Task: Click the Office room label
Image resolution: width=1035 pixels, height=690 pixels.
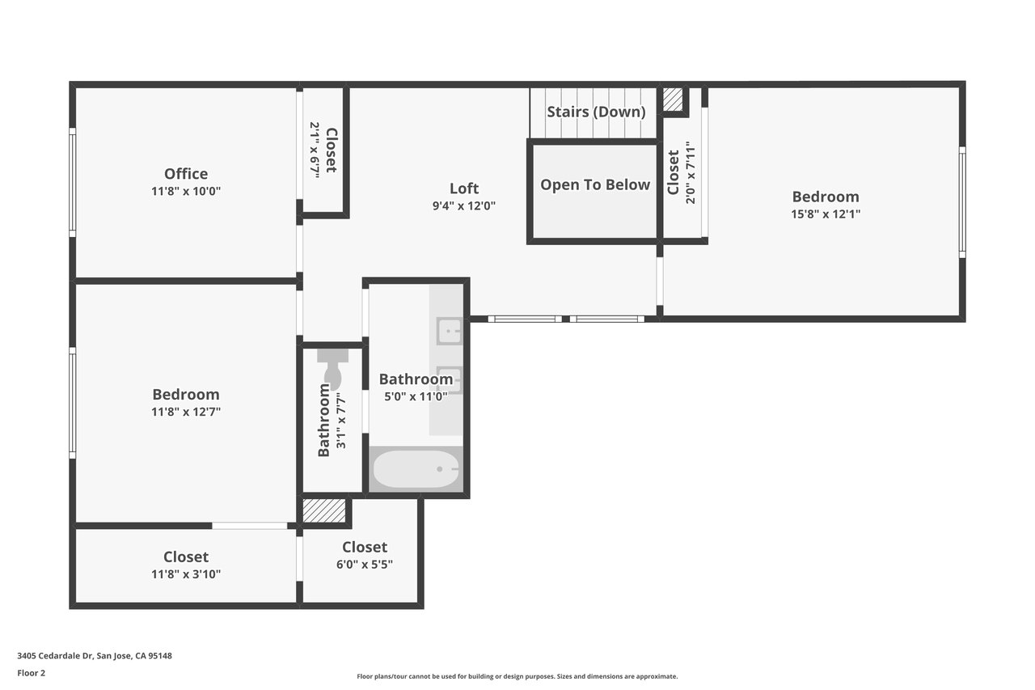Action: (186, 174)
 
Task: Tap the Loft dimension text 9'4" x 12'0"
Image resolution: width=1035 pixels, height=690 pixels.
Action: (464, 205)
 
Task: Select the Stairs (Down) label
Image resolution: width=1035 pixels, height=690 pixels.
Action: (596, 112)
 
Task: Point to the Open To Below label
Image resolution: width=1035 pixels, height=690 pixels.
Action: (595, 185)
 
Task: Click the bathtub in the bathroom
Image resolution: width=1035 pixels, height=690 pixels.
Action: (416, 469)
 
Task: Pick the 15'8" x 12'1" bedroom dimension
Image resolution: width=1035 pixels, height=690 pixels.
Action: (826, 214)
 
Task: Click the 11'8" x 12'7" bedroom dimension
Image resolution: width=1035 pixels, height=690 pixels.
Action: (186, 411)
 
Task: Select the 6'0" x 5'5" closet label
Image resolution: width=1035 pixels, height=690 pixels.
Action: (365, 565)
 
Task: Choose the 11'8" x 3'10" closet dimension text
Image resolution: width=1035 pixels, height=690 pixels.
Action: (186, 574)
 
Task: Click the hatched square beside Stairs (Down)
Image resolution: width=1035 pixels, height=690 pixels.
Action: (673, 99)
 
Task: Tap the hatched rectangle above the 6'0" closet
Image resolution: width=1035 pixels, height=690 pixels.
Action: (324, 510)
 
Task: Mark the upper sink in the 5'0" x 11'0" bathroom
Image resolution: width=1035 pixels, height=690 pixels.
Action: (449, 331)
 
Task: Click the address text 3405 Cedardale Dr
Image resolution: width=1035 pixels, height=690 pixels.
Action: (56, 655)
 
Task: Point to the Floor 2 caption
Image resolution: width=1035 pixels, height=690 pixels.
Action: (32, 673)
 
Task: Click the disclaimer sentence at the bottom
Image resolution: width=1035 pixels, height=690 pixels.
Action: (517, 676)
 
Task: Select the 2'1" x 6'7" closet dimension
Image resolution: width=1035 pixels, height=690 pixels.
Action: (315, 150)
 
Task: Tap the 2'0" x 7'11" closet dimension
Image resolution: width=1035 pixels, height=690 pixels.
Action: (691, 173)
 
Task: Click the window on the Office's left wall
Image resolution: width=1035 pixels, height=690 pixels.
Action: (73, 183)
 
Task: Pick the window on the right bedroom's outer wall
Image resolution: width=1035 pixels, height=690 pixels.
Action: (962, 202)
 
